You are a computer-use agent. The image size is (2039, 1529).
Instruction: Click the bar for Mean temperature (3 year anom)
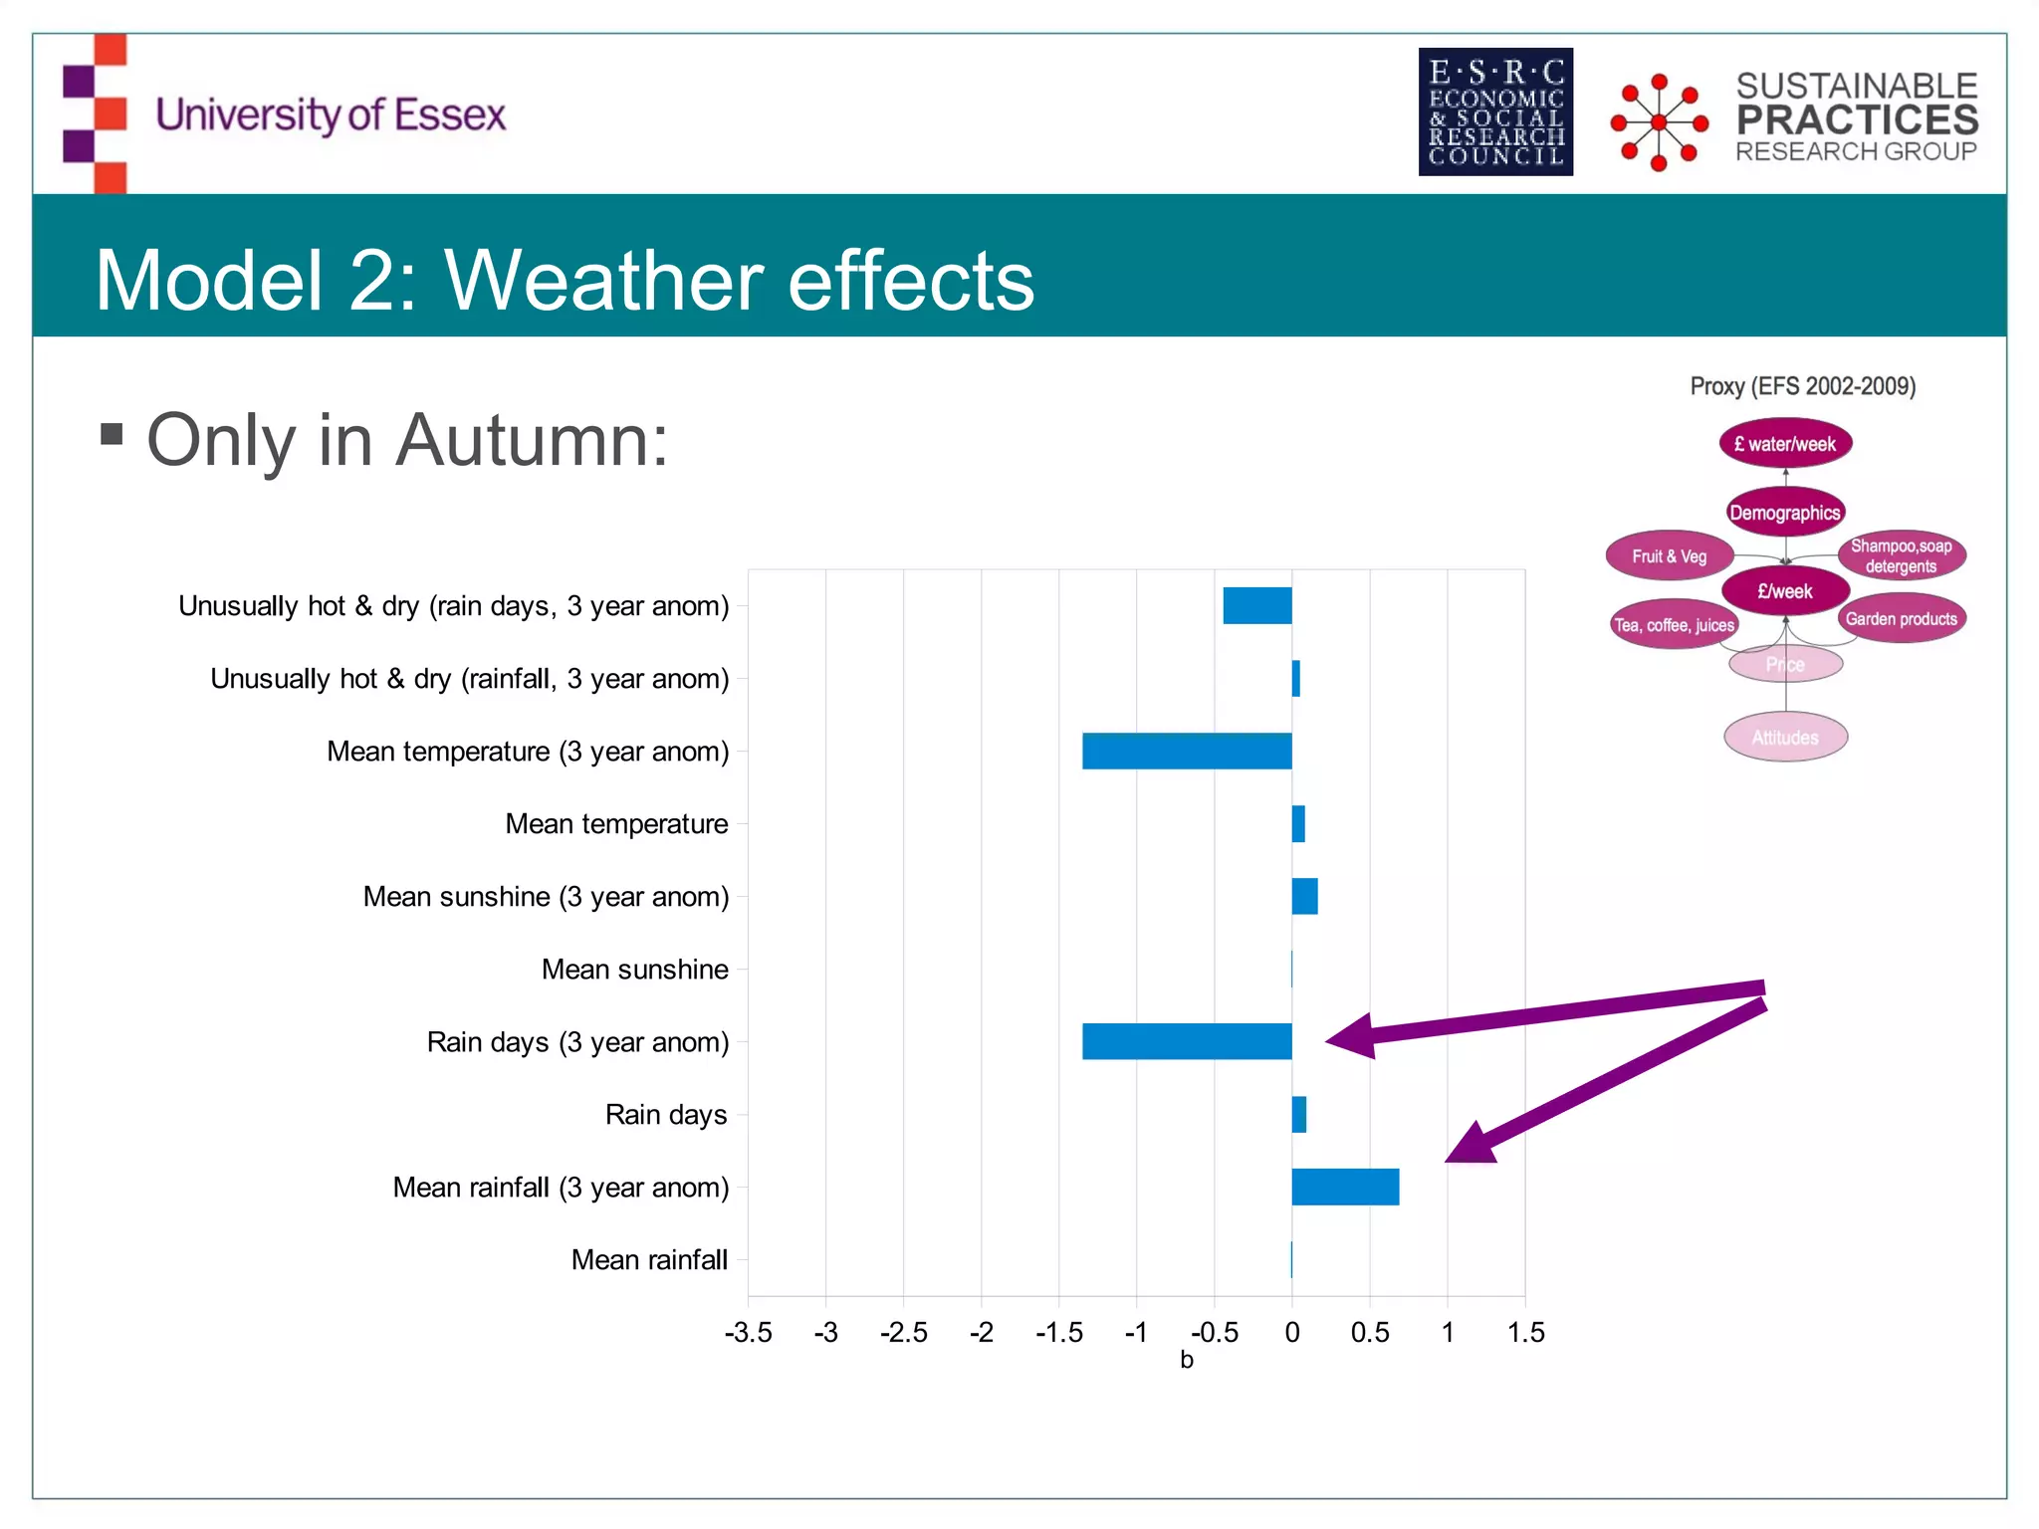click(x=1187, y=751)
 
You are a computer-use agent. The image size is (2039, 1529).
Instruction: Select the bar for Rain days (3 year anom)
click(x=1187, y=1041)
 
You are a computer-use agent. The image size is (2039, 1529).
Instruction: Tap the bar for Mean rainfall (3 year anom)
click(x=1345, y=1187)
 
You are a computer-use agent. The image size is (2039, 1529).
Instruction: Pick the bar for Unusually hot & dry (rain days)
click(x=1256, y=605)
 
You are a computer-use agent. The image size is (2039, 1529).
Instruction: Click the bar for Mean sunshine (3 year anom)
click(x=1304, y=896)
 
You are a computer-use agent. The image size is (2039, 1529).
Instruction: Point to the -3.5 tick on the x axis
click(x=748, y=1332)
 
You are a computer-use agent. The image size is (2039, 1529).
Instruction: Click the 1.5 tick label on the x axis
click(x=1525, y=1332)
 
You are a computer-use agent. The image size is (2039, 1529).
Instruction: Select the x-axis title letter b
click(x=1186, y=1360)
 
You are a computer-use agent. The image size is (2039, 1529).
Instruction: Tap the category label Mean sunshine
click(x=634, y=969)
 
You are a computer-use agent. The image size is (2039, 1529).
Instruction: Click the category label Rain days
click(x=665, y=1114)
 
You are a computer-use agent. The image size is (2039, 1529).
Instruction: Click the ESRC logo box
click(x=1495, y=111)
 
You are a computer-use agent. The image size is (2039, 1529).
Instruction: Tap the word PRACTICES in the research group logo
click(x=1857, y=119)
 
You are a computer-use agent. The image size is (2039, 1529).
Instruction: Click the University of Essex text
click(x=331, y=114)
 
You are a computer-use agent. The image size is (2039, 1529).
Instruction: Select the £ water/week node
click(x=1785, y=444)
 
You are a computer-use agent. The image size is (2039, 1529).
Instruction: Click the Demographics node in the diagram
click(x=1785, y=513)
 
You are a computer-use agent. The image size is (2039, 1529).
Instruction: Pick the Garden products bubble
click(x=1901, y=619)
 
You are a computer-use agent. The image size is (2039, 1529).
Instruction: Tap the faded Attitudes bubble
click(x=1785, y=738)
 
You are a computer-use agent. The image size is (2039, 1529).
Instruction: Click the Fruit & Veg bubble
click(x=1670, y=556)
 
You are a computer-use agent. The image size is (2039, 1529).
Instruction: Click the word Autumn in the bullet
click(x=532, y=440)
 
